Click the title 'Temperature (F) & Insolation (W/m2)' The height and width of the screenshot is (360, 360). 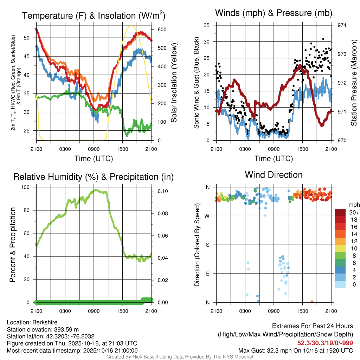tap(93, 16)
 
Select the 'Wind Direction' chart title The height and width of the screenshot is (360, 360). tap(274, 175)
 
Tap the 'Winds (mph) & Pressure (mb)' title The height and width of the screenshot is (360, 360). tap(274, 13)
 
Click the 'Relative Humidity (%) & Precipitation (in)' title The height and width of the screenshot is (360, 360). tap(93, 177)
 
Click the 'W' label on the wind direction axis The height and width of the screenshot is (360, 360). tap(208, 216)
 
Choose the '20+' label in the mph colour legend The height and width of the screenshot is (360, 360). tap(354, 212)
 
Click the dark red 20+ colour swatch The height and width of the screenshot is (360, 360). tap(340, 212)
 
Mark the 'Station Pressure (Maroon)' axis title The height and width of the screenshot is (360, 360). tap(354, 83)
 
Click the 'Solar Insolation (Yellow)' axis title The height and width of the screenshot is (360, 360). tap(174, 83)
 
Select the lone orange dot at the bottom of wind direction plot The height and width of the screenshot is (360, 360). tap(312, 302)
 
